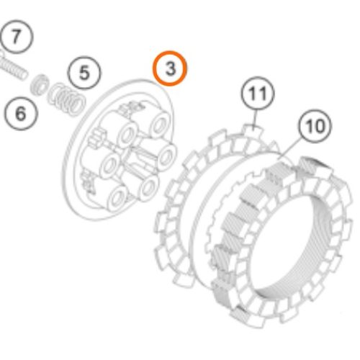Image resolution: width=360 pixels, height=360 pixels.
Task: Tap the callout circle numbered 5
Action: (x=84, y=72)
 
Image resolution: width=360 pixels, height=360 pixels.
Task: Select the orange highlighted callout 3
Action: (x=169, y=69)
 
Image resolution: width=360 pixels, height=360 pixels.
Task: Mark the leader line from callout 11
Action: (x=256, y=120)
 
